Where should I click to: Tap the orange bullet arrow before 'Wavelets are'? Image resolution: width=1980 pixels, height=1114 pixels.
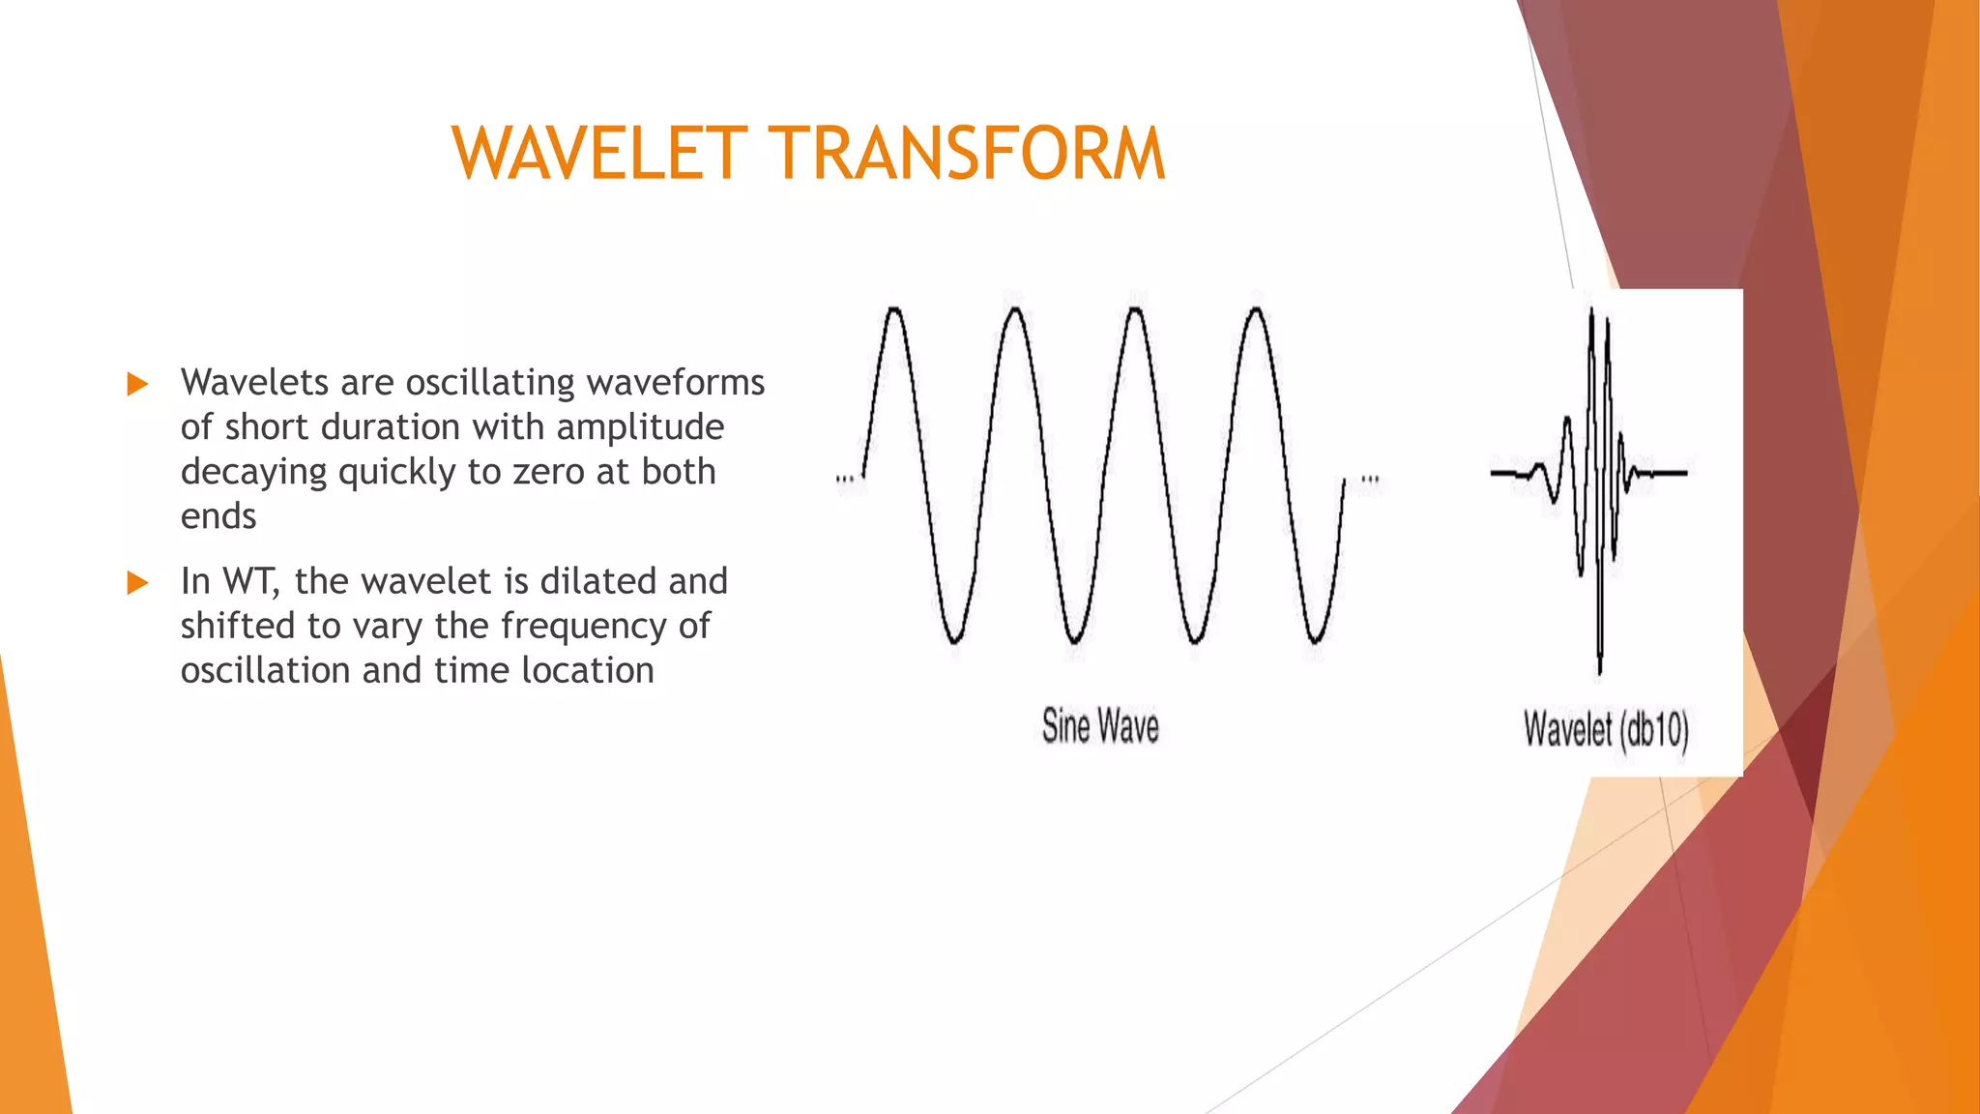coord(137,384)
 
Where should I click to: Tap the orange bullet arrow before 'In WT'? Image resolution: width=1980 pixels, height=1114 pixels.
coord(137,582)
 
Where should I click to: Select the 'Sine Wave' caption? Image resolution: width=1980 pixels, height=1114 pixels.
coord(1100,726)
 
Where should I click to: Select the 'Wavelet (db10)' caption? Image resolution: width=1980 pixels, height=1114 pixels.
coord(1606,729)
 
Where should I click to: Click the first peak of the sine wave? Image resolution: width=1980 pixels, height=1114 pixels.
coord(894,311)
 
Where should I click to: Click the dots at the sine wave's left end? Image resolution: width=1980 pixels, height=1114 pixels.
coord(845,479)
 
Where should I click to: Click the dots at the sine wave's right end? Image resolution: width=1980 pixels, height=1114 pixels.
coord(1370,479)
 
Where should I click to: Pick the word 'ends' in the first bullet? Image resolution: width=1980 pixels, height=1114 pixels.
coord(218,516)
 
